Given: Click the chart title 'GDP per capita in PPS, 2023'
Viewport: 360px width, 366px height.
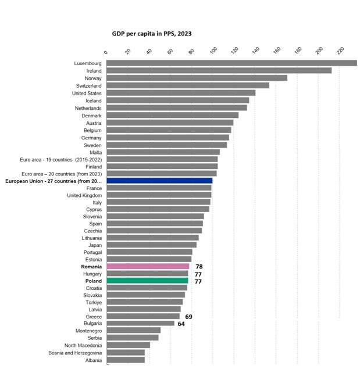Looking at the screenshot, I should click(x=152, y=34).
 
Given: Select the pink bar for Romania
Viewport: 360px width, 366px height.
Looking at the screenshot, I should click(x=148, y=267).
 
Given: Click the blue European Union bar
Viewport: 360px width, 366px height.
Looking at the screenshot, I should click(x=159, y=181).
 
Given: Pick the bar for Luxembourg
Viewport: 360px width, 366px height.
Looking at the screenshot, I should click(x=231, y=63).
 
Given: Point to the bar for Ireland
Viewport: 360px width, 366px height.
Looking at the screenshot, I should click(x=219, y=70).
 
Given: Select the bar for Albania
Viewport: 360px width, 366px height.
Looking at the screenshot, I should click(x=126, y=360).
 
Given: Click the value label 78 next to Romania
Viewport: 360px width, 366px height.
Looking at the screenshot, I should click(x=199, y=267).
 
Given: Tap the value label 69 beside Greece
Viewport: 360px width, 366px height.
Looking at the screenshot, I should click(x=188, y=317).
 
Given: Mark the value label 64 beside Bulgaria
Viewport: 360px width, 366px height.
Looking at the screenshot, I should click(x=181, y=324).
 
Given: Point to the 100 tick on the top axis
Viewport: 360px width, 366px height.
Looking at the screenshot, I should click(x=213, y=51).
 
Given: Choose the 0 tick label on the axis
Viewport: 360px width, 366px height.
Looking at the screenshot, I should click(x=106, y=53).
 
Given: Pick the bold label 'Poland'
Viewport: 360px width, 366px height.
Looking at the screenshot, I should click(x=94, y=281).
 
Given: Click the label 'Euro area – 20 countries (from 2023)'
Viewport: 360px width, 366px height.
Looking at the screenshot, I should click(x=61, y=174).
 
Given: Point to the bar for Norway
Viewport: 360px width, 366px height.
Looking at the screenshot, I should click(x=197, y=78).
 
